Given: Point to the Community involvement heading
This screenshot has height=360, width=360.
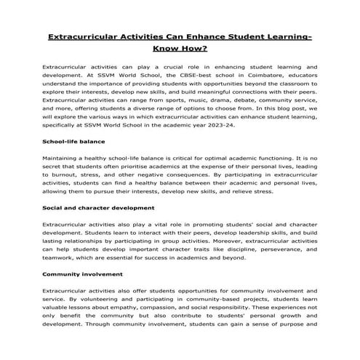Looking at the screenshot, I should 81,274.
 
